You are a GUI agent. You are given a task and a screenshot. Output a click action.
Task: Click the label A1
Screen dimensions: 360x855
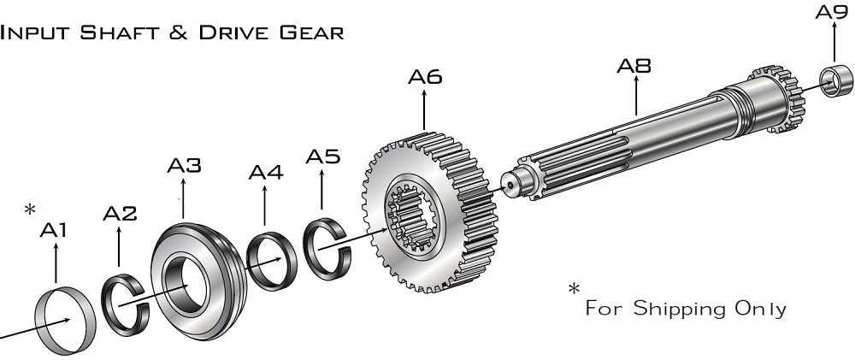[x=55, y=230]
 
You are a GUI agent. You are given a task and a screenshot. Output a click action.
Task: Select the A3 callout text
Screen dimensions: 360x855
[x=184, y=166]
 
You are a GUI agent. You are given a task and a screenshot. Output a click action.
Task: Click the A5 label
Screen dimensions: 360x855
[x=322, y=156]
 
